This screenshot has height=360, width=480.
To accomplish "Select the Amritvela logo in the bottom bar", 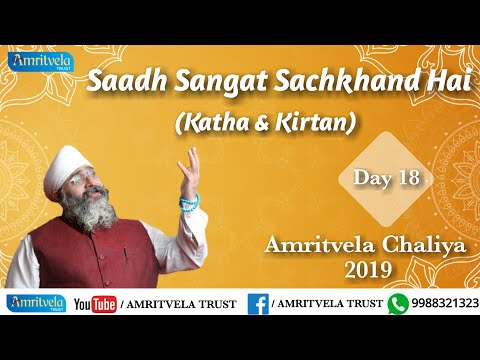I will click(x=36, y=303).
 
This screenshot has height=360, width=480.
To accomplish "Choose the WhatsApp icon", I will click(x=400, y=303).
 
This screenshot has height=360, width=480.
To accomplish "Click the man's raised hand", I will click(x=189, y=166).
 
